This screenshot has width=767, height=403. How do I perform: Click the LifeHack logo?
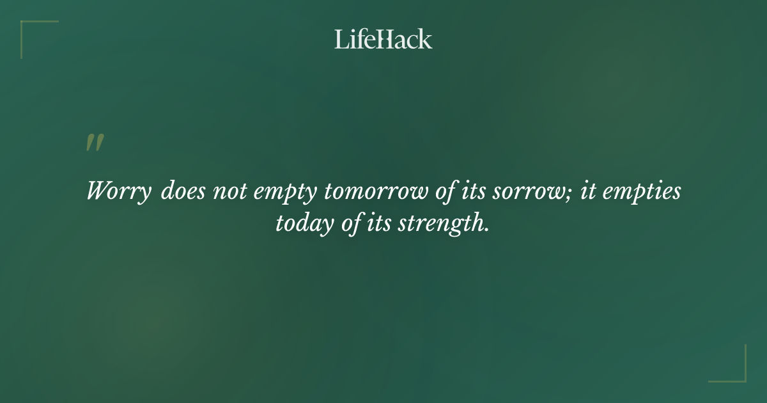point(383,39)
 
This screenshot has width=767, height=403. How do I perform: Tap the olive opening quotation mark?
point(95,143)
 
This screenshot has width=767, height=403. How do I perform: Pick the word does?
point(182,191)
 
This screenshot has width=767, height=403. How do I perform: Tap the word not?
point(226,191)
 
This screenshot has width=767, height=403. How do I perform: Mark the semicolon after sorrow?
point(570,193)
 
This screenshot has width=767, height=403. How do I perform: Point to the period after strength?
point(487,230)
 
